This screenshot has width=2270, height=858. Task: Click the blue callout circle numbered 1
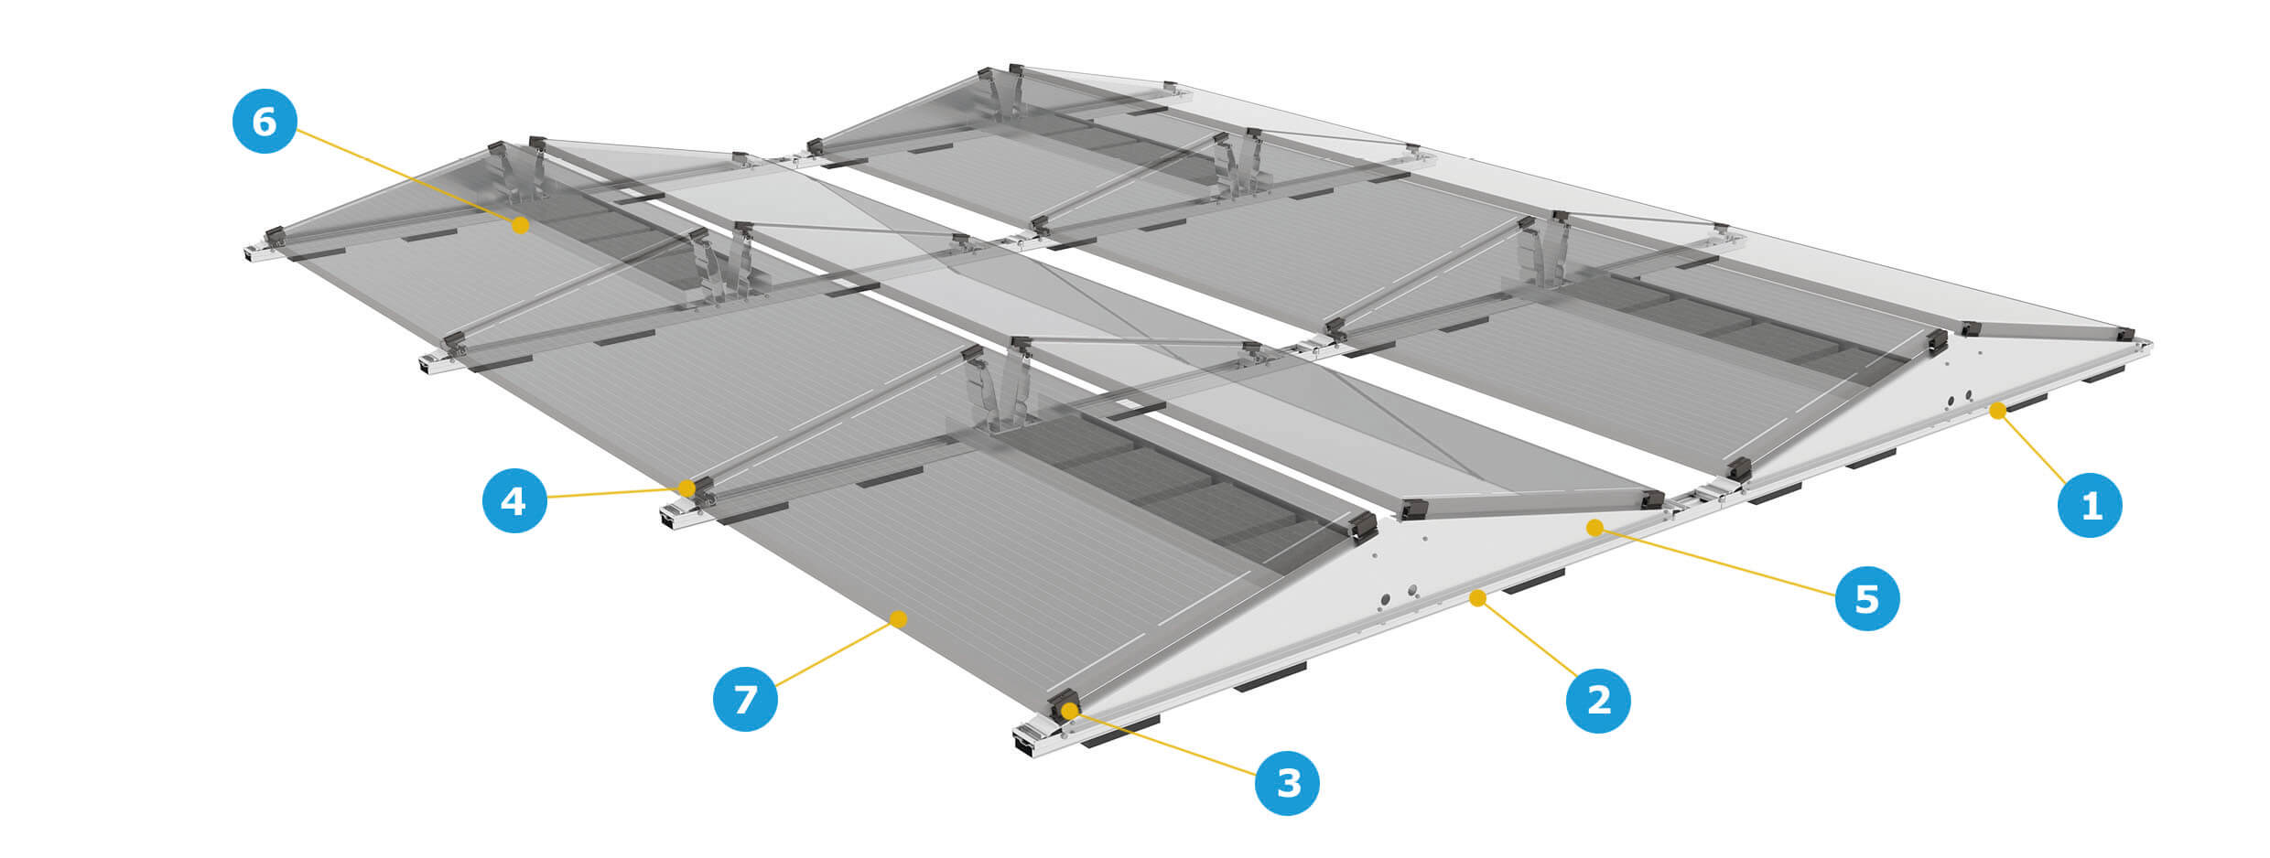pyautogui.click(x=2091, y=505)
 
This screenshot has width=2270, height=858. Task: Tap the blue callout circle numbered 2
pyautogui.click(x=1598, y=701)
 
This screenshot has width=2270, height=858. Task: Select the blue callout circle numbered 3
pyautogui.click(x=1287, y=783)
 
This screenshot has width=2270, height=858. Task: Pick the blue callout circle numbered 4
pyautogui.click(x=515, y=500)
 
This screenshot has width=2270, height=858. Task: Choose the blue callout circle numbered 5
pyautogui.click(x=1867, y=598)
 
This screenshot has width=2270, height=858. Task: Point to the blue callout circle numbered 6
pyautogui.click(x=265, y=121)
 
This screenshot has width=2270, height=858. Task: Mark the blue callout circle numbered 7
pyautogui.click(x=745, y=699)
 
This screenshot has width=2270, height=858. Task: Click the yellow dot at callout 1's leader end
pyautogui.click(x=1997, y=412)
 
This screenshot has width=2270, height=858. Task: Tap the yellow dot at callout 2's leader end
pyautogui.click(x=1477, y=598)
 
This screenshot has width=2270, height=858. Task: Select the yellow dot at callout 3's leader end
pyautogui.click(x=1069, y=711)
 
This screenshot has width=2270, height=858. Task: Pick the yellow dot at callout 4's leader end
pyautogui.click(x=687, y=488)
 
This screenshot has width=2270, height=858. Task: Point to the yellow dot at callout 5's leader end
pyautogui.click(x=1594, y=528)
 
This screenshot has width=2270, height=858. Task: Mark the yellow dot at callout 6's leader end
pyautogui.click(x=520, y=224)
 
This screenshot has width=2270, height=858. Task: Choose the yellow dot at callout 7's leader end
pyautogui.click(x=899, y=619)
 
